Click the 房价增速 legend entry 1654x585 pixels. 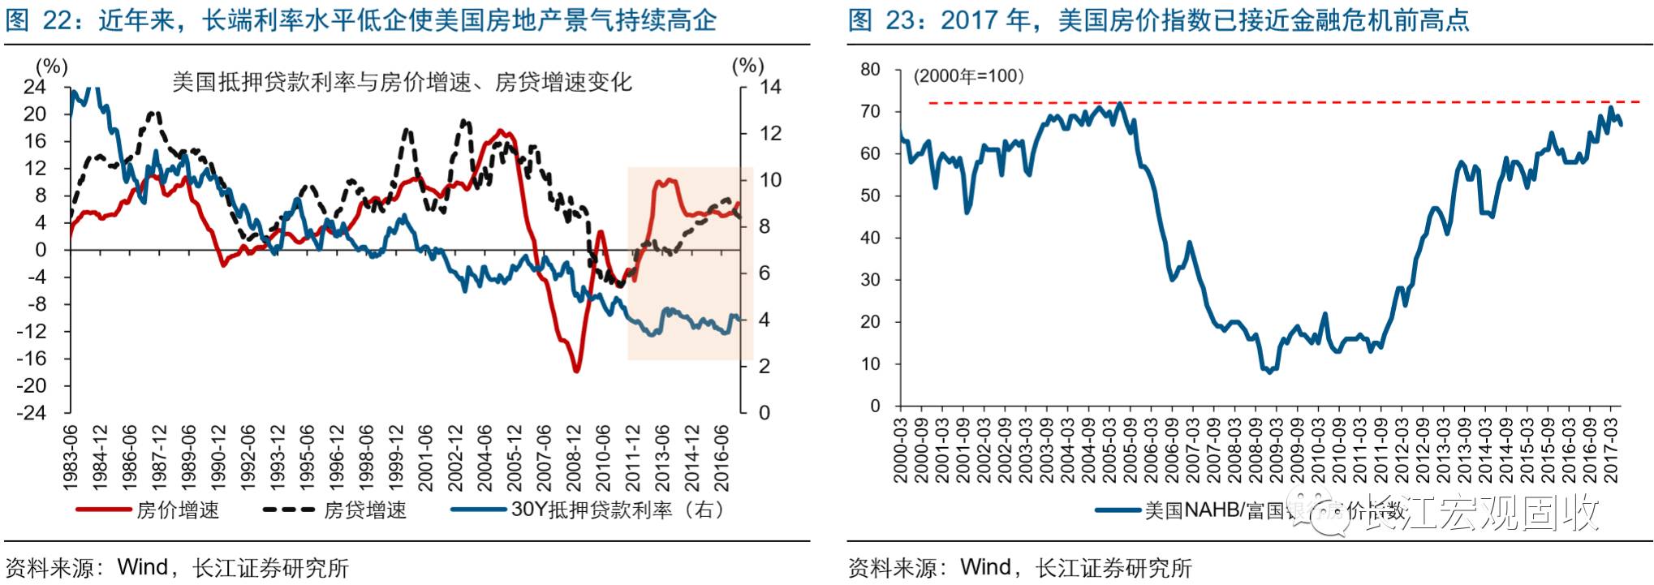[x=178, y=510]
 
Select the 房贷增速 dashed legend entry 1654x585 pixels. [x=364, y=510]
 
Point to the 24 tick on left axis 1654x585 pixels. [x=35, y=87]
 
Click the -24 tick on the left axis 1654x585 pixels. [x=32, y=412]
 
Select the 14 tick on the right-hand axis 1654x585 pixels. [x=769, y=87]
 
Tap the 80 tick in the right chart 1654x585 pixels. [x=870, y=70]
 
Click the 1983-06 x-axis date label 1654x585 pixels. [x=71, y=457]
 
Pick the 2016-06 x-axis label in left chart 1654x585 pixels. [x=721, y=457]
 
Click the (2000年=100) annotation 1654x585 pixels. [x=969, y=76]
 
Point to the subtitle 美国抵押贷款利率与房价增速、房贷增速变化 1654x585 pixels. [x=402, y=82]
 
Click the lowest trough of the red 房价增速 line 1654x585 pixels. [x=576, y=371]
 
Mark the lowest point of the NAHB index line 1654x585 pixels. [x=1269, y=372]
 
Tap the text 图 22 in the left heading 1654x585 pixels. [x=40, y=19]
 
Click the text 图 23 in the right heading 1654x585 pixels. [x=882, y=19]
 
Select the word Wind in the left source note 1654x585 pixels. [x=142, y=567]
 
